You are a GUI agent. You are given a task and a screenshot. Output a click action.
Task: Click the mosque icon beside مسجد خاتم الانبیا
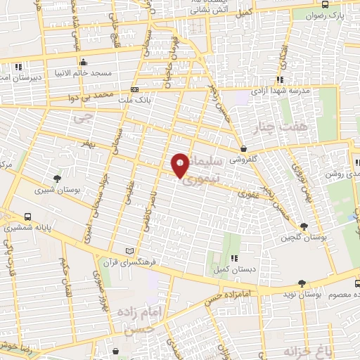point(83,60)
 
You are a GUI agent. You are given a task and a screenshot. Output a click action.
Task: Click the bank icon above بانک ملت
point(134,90)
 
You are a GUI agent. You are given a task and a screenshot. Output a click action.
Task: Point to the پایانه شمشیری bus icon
point(27,217)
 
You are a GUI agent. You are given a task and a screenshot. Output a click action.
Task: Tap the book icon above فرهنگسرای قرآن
point(128,250)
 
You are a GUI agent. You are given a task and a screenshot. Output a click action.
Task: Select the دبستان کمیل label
point(233,270)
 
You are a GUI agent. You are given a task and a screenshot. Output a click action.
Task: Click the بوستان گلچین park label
point(304,238)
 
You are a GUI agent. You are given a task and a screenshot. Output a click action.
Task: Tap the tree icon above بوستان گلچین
point(304,226)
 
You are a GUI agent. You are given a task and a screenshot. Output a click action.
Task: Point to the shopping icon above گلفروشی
point(243,148)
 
